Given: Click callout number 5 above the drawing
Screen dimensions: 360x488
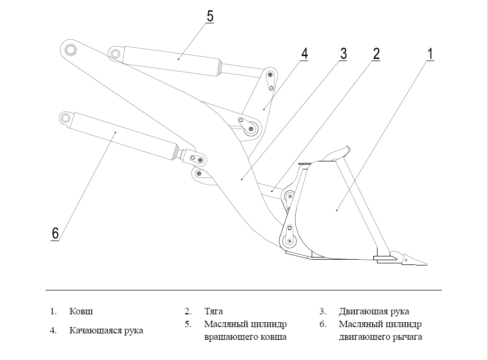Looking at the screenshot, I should [x=210, y=16].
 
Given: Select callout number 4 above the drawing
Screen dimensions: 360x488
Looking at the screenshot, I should [x=304, y=54].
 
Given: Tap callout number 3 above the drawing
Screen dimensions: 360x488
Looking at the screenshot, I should [x=343, y=54].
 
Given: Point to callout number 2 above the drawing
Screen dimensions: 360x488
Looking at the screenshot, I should [x=376, y=54].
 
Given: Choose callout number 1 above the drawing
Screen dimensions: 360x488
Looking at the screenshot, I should [x=430, y=54].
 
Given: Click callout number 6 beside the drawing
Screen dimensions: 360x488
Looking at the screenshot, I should [x=55, y=233].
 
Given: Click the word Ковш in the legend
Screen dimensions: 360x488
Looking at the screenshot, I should [x=77, y=311].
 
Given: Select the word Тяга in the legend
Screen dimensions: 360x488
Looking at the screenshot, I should [x=213, y=311].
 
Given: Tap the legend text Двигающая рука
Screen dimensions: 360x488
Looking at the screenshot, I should [x=374, y=311].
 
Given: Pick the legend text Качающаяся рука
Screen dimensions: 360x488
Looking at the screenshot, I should [x=106, y=330].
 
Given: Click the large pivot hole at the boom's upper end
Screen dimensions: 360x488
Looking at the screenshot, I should [x=71, y=50].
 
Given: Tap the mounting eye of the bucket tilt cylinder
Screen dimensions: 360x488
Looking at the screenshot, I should [x=115, y=53].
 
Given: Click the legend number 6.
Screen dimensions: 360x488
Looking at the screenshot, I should [x=322, y=324].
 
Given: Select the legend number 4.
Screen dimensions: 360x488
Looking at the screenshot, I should [x=53, y=330].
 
